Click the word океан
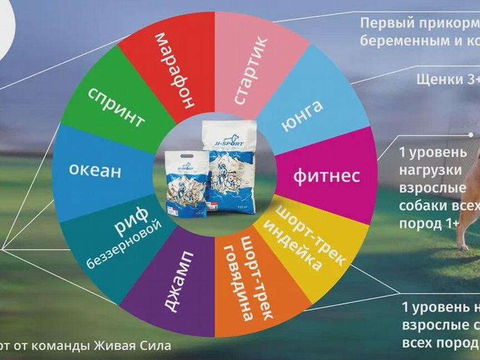click(x=94, y=170)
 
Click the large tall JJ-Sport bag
click(x=229, y=167)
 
